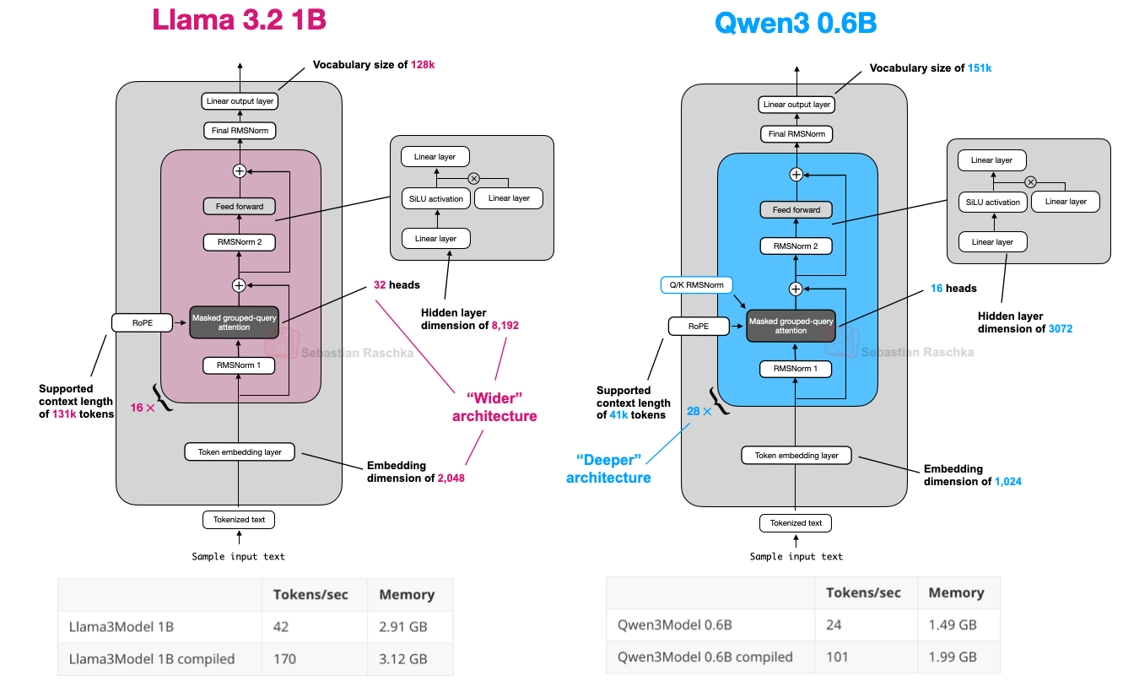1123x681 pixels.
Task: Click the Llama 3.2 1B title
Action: tap(239, 20)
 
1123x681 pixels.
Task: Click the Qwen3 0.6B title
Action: tap(795, 23)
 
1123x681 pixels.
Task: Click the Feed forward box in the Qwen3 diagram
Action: tap(796, 210)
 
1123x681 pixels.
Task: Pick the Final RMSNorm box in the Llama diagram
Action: tap(240, 131)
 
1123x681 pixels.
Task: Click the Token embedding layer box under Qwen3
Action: tap(796, 456)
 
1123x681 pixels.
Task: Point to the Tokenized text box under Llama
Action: tap(239, 520)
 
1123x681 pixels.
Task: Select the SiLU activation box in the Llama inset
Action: tap(433, 199)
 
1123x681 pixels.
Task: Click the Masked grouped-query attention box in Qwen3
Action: tap(791, 326)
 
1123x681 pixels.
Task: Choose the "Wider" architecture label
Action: tap(494, 407)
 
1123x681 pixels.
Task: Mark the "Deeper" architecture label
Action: tap(608, 468)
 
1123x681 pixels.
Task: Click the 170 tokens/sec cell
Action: tap(285, 658)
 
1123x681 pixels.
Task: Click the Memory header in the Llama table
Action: tap(407, 594)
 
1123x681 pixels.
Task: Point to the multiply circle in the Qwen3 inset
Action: tap(1030, 182)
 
